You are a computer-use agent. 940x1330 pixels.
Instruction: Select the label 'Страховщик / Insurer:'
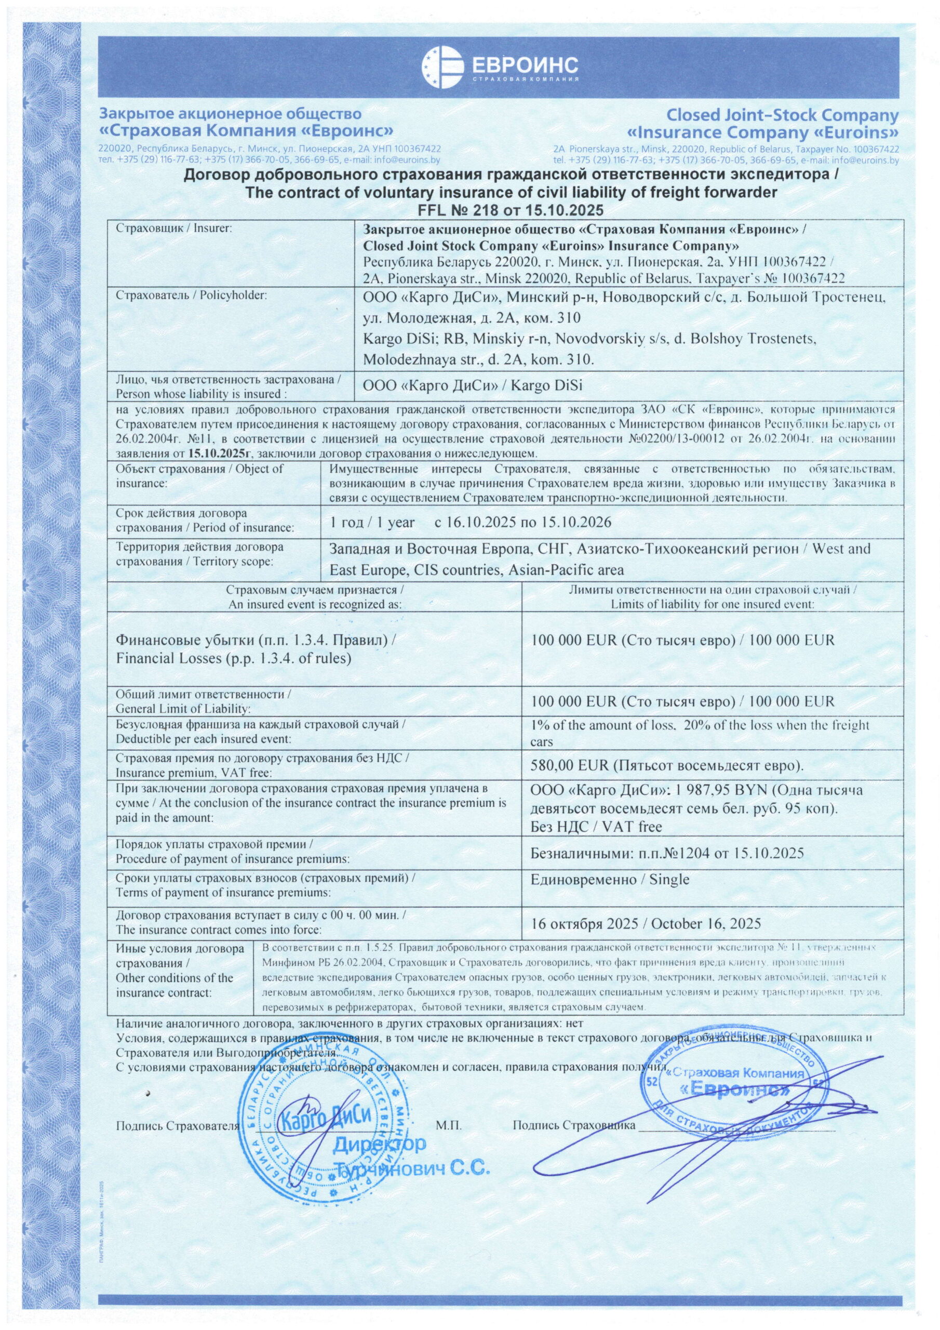(x=174, y=228)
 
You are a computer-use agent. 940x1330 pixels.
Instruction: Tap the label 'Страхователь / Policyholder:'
(x=192, y=296)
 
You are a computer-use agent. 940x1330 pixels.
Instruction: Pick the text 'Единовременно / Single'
(x=609, y=880)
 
